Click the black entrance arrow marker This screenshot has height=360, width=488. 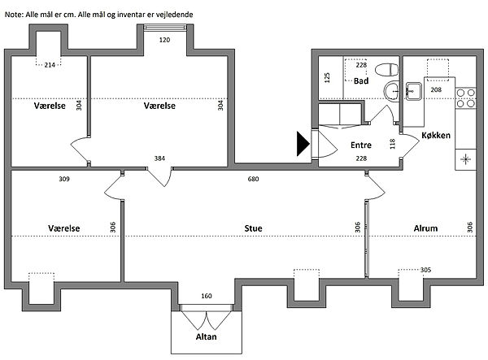click(x=303, y=144)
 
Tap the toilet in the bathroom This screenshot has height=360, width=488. click(x=387, y=70)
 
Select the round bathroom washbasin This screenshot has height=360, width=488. click(x=391, y=92)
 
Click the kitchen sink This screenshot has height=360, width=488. click(x=413, y=91)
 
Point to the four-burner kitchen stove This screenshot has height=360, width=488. click(x=465, y=98)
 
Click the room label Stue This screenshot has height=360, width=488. click(x=253, y=228)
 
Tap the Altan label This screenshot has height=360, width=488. click(x=206, y=336)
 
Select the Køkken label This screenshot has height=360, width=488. click(x=436, y=135)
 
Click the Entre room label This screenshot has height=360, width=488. click(x=361, y=145)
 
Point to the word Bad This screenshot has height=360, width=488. click(x=361, y=81)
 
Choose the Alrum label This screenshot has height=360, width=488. click(x=425, y=228)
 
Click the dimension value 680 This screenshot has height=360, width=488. click(x=253, y=179)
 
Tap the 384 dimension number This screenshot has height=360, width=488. click(x=159, y=158)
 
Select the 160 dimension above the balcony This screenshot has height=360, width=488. click(x=207, y=296)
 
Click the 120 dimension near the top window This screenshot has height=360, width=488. click(x=164, y=40)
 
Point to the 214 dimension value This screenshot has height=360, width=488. click(x=50, y=65)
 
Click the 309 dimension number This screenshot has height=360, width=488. click(x=64, y=179)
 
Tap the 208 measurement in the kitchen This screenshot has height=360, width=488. click(x=436, y=89)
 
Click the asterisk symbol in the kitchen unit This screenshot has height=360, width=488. click(x=465, y=159)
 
